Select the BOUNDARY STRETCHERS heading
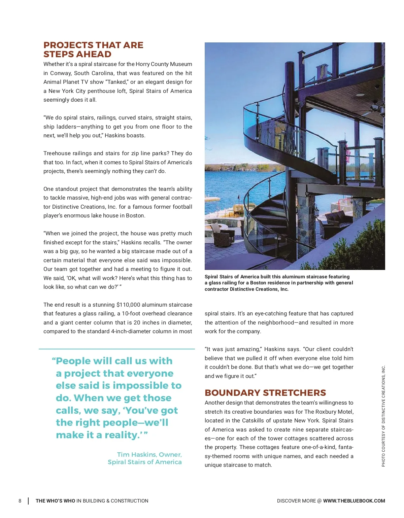point(265,393)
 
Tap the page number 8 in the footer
point(20,501)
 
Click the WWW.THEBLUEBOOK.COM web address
point(354,501)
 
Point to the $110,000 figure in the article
point(128,305)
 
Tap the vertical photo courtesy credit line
point(383,416)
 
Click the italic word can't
point(150,171)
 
